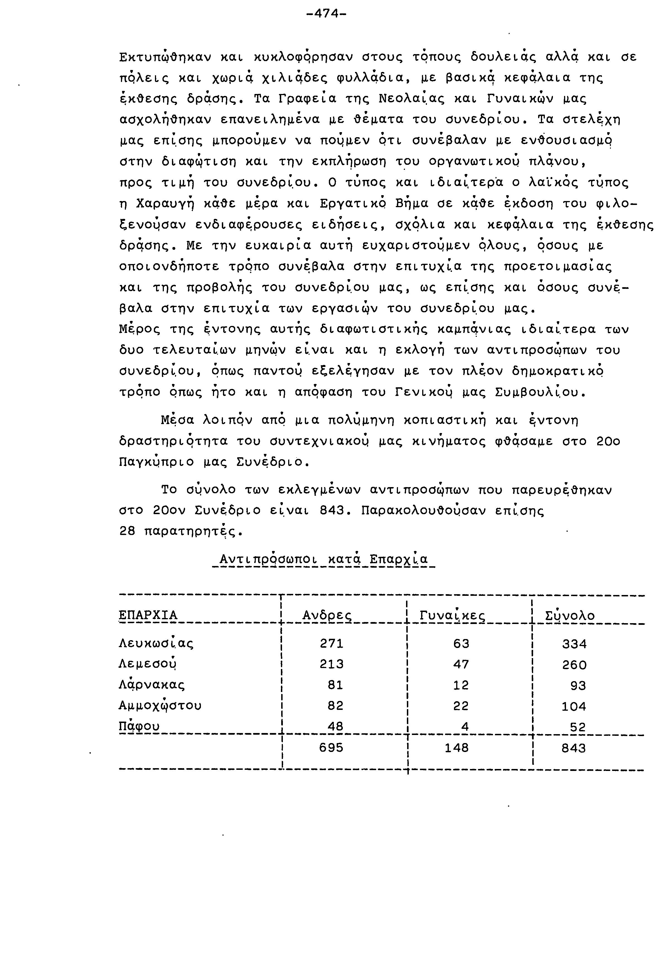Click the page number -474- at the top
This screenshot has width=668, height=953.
pyautogui.click(x=326, y=14)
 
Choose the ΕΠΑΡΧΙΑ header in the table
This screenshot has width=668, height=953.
pyautogui.click(x=148, y=615)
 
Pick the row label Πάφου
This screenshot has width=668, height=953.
pyautogui.click(x=139, y=726)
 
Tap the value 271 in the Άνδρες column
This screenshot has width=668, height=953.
pyautogui.click(x=332, y=643)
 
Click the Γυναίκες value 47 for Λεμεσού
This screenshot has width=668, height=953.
pyautogui.click(x=461, y=664)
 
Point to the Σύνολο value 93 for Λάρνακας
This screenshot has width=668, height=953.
pyautogui.click(x=578, y=685)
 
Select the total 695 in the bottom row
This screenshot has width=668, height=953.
pyautogui.click(x=331, y=748)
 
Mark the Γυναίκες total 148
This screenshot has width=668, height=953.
pyautogui.click(x=456, y=748)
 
